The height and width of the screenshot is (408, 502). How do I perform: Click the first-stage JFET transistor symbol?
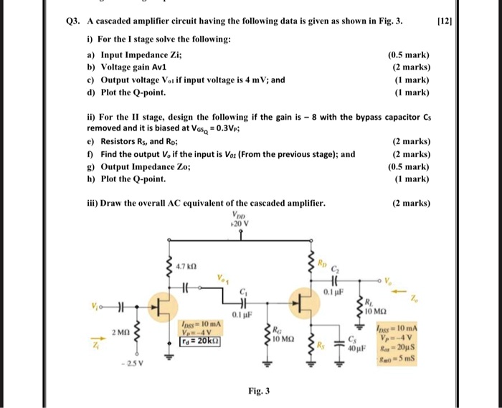pos(164,308)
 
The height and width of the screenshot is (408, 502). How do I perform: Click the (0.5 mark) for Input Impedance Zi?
pos(408,54)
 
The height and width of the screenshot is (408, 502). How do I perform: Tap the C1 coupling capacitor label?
pos(244,291)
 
